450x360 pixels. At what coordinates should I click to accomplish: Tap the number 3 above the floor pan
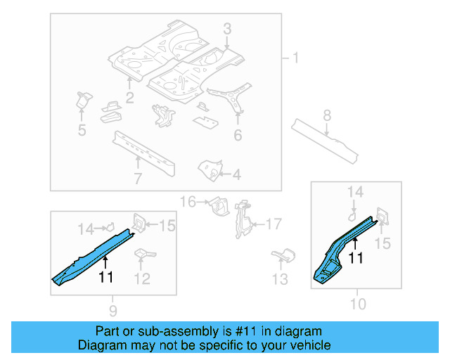click(x=227, y=29)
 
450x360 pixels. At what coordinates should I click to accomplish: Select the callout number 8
click(x=327, y=115)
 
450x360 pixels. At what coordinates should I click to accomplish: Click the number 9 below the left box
click(x=113, y=310)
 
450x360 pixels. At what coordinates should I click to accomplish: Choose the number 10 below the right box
click(x=358, y=304)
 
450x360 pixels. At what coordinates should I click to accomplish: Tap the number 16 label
click(x=188, y=202)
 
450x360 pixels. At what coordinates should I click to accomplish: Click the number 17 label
click(x=273, y=224)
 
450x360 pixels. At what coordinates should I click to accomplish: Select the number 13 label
click(x=280, y=280)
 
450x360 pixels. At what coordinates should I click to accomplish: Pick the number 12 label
click(x=141, y=279)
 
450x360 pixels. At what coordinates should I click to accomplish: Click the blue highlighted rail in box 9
click(x=91, y=255)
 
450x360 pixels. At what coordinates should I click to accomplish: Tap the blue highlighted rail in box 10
click(x=341, y=250)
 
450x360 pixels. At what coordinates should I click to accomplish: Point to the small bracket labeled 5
click(x=84, y=101)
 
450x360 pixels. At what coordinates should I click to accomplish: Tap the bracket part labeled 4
click(x=208, y=169)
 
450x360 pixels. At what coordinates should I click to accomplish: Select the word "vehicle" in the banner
click(x=309, y=345)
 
